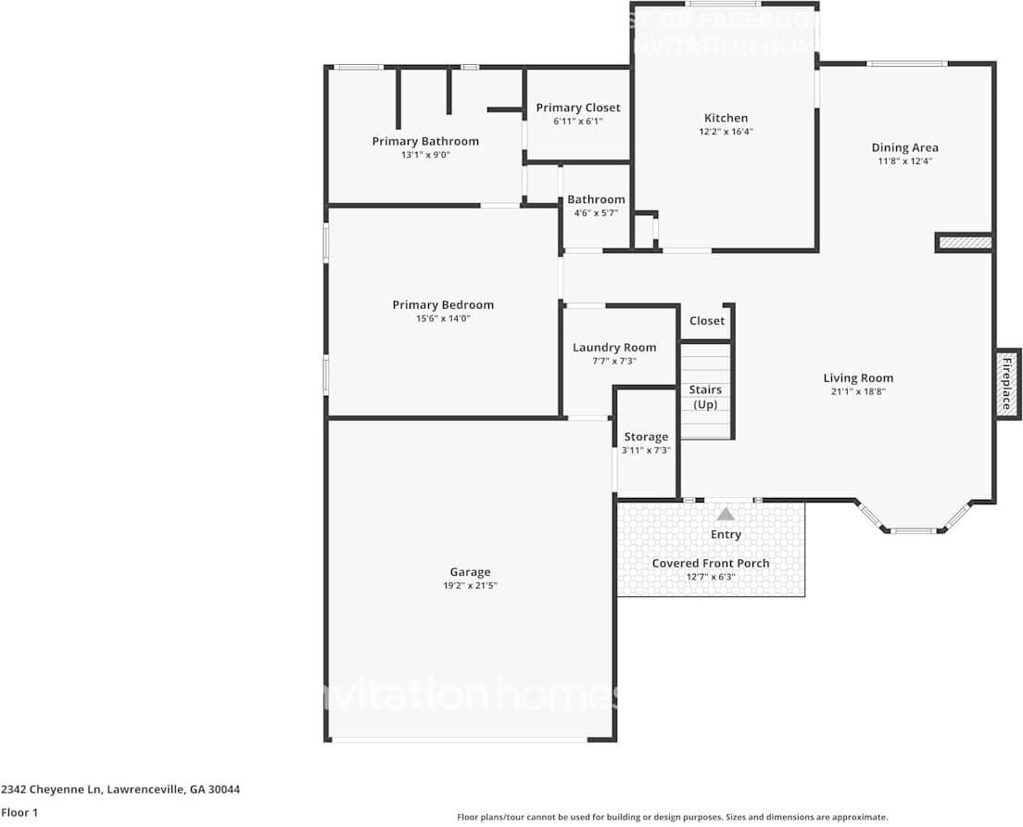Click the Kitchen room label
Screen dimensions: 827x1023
tap(726, 118)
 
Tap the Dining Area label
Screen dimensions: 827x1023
tap(904, 147)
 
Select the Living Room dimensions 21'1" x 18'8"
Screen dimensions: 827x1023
tap(858, 392)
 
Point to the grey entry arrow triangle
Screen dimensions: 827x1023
tap(726, 514)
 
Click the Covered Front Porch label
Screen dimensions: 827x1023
tap(711, 564)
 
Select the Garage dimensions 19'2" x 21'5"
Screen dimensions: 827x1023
tap(471, 586)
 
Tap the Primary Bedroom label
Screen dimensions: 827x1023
tap(443, 305)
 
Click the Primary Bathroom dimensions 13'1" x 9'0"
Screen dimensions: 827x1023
tap(425, 156)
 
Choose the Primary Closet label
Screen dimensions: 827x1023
tap(578, 108)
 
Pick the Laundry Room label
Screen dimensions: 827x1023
tap(613, 348)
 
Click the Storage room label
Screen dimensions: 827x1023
tap(646, 437)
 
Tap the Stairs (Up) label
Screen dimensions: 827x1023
tap(705, 397)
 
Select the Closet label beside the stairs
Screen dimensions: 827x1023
tap(707, 321)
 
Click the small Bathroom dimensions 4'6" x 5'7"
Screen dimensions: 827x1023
tap(596, 213)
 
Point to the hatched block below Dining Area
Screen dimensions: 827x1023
tap(965, 243)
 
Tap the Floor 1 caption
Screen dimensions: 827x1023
tap(20, 812)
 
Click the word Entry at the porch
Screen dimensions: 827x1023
tap(726, 535)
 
